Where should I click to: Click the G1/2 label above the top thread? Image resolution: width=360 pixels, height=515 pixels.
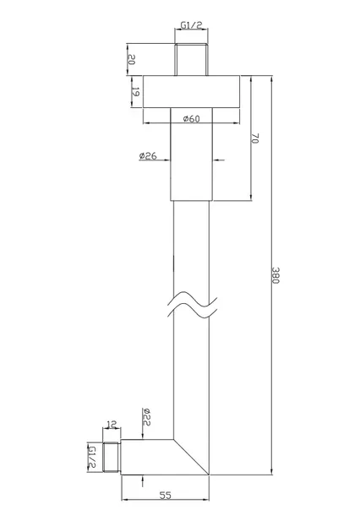tap(191, 25)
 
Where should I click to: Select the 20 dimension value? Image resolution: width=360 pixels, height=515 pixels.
tap(131, 59)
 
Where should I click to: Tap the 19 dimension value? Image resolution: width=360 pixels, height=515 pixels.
tap(135, 92)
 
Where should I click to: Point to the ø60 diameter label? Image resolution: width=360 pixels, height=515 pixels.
tap(191, 118)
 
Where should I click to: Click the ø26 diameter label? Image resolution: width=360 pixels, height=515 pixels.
tap(148, 155)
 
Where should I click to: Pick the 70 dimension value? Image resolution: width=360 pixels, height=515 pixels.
tap(255, 138)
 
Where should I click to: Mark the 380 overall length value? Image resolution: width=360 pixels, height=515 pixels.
tap(275, 275)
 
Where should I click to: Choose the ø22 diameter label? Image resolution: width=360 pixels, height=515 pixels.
tap(146, 417)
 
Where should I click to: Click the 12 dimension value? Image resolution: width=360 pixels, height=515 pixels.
tap(112, 425)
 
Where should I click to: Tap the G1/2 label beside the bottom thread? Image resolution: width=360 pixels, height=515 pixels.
tap(92, 458)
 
